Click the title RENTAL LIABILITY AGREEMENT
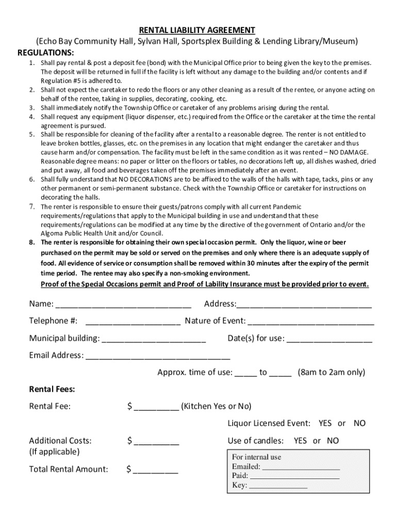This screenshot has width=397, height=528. (198, 30)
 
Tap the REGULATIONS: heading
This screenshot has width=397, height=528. (46, 53)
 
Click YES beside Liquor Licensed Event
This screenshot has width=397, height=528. (325, 423)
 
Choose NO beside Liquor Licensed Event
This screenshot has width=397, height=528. (359, 423)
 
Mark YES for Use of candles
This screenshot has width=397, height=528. (300, 441)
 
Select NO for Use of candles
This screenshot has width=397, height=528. (333, 441)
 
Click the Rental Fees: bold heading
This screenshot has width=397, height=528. (52, 389)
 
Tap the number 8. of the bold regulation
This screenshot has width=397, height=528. (32, 242)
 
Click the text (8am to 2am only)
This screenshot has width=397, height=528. (331, 372)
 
